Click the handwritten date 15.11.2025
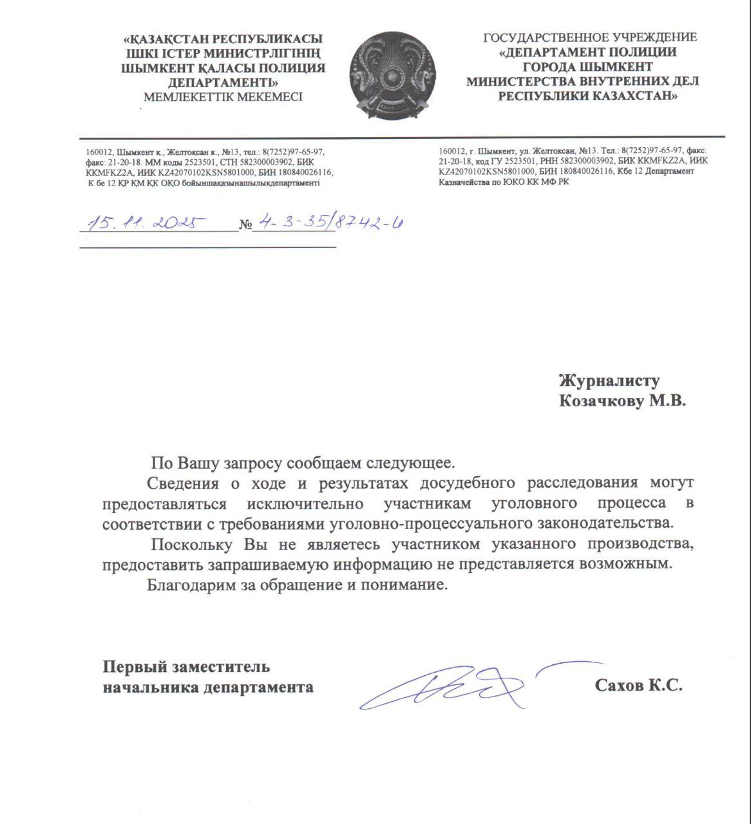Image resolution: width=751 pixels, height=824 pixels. (146, 223)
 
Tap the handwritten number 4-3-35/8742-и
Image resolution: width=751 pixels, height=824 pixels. (328, 223)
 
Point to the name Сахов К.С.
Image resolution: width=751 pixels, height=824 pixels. (638, 686)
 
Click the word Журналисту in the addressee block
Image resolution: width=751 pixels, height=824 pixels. (609, 381)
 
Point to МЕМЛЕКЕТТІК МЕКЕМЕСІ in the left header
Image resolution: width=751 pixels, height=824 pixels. (223, 97)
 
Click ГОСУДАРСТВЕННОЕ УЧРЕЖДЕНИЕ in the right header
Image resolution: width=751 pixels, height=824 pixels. (590, 37)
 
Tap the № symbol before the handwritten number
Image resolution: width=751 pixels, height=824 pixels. (245, 225)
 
